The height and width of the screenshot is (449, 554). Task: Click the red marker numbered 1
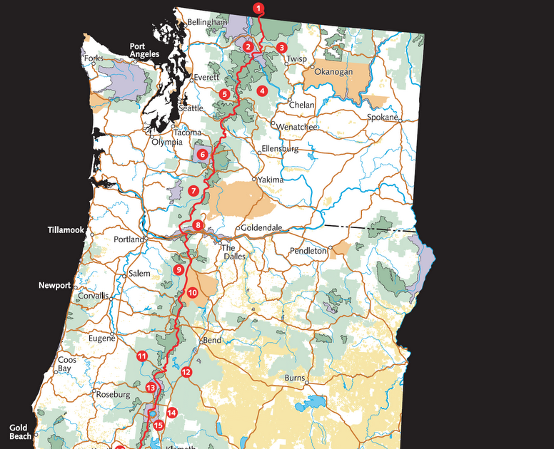tap(258, 9)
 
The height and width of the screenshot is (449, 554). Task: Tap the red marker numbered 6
tap(202, 154)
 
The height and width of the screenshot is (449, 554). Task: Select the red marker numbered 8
tap(198, 226)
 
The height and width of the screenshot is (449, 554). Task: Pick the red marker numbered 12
tap(186, 372)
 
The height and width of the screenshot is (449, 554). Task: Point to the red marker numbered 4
tap(263, 91)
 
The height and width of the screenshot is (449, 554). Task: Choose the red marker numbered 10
tap(192, 292)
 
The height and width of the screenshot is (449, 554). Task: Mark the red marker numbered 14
tap(171, 413)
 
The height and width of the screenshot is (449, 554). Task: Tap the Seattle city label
tap(191, 108)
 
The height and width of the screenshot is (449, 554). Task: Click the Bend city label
tap(213, 340)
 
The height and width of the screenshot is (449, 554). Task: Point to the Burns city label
tap(295, 377)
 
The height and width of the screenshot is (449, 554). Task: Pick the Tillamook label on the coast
tap(66, 231)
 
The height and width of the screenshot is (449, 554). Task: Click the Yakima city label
tap(271, 180)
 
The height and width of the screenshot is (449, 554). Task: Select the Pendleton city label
tap(308, 251)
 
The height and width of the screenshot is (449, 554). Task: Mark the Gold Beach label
tap(19, 432)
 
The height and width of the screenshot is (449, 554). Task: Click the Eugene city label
tap(101, 339)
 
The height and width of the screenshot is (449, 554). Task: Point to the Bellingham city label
tap(206, 23)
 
